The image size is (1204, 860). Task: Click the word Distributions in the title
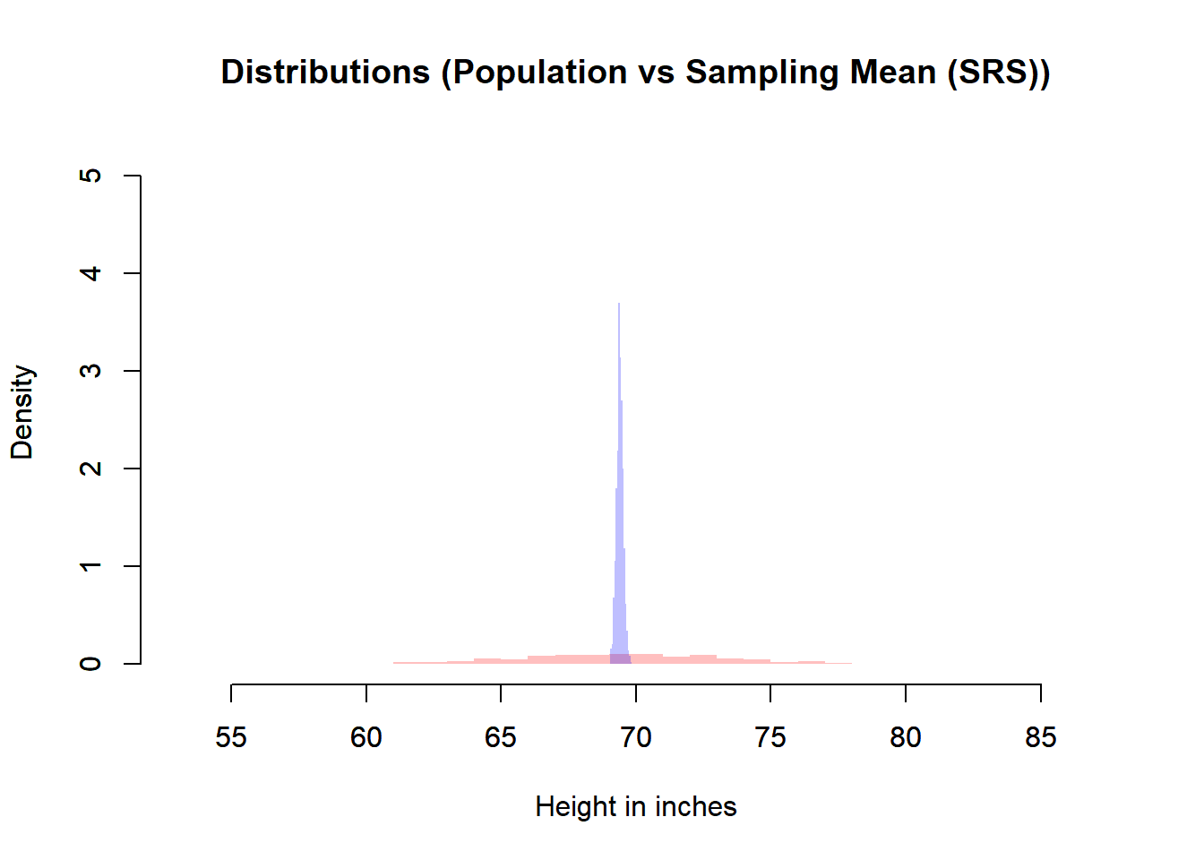click(x=325, y=73)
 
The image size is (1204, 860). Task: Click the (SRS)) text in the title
click(x=998, y=73)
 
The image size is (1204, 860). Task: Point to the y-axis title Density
click(x=21, y=412)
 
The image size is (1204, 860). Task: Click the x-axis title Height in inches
click(x=635, y=807)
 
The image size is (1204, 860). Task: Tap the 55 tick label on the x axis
click(x=231, y=737)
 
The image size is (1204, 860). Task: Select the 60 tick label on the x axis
click(x=365, y=737)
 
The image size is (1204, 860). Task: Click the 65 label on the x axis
click(x=501, y=737)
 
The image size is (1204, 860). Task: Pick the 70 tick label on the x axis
click(x=635, y=737)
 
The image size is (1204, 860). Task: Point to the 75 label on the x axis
click(x=770, y=737)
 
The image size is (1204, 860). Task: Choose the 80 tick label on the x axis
click(x=905, y=737)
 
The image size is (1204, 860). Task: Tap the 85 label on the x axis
click(x=1040, y=737)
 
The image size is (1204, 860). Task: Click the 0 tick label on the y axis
click(x=90, y=664)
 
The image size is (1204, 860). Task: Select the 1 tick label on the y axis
click(x=90, y=566)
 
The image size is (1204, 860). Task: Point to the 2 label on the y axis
click(x=90, y=469)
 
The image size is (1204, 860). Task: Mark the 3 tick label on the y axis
click(x=90, y=371)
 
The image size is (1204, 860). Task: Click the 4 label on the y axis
click(x=90, y=273)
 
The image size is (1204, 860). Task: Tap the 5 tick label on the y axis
click(x=90, y=176)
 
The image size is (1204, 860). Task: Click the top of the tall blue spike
click(x=619, y=305)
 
